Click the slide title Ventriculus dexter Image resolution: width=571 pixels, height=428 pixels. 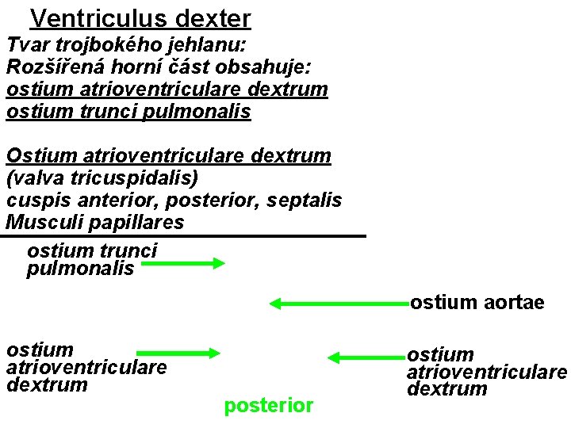click(x=140, y=17)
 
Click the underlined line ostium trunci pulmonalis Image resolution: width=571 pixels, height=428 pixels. click(x=128, y=112)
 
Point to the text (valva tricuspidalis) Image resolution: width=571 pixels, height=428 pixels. click(x=102, y=178)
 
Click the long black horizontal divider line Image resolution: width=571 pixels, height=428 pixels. click(x=185, y=236)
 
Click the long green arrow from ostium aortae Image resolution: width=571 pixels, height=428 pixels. click(x=339, y=303)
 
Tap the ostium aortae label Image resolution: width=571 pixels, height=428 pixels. click(x=477, y=303)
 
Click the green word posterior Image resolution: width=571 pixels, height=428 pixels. click(x=269, y=406)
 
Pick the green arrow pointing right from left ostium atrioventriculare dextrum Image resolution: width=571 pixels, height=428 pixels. click(x=178, y=353)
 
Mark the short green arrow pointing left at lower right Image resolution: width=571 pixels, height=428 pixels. click(x=366, y=357)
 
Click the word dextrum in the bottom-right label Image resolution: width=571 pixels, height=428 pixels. click(x=447, y=389)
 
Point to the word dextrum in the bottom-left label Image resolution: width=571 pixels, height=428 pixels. click(x=47, y=385)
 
